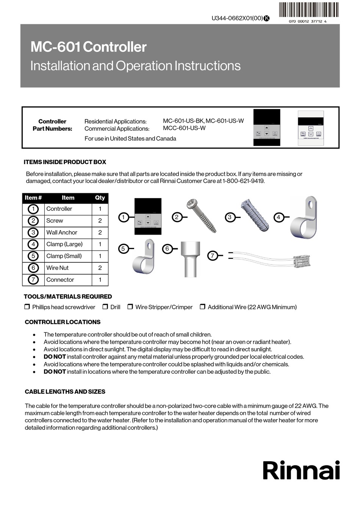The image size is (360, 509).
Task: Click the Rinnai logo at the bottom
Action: pyautogui.click(x=301, y=471)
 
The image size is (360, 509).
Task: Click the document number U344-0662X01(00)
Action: pyautogui.click(x=237, y=18)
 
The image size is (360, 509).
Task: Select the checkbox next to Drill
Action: pyautogui.click(x=105, y=307)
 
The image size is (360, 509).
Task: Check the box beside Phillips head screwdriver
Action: pyautogui.click(x=27, y=307)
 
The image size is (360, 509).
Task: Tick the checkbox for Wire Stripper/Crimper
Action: pyautogui.click(x=130, y=307)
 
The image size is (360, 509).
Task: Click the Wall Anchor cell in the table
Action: pyautogui.click(x=62, y=232)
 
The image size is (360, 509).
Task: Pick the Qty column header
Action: pyautogui.click(x=100, y=197)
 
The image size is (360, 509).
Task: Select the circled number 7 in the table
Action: pyautogui.click(x=33, y=280)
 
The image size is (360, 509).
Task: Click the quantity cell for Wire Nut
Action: pyautogui.click(x=100, y=268)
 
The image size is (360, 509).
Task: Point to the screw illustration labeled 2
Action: pyautogui.click(x=202, y=216)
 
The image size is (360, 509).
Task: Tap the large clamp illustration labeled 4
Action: pyautogui.click(x=304, y=218)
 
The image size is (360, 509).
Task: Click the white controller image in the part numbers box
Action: pyautogui.click(x=310, y=128)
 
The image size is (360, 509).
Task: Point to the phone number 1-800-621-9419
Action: pyautogui.click(x=243, y=181)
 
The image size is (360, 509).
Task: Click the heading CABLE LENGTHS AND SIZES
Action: pyautogui.click(x=65, y=392)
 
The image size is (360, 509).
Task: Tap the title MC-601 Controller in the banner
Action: pyautogui.click(x=88, y=47)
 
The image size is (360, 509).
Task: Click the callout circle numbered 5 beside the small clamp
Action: pyautogui.click(x=123, y=249)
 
